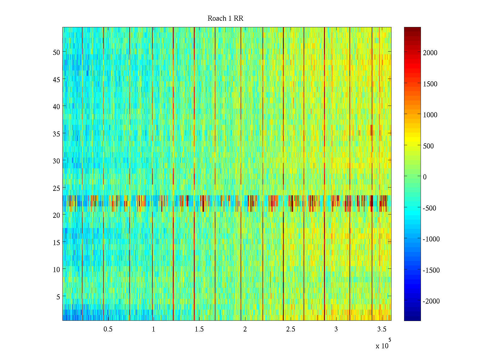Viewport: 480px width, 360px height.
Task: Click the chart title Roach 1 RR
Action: tap(225, 19)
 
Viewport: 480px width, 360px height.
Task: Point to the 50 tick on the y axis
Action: tap(56, 52)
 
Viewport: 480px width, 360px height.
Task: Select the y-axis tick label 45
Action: tap(56, 79)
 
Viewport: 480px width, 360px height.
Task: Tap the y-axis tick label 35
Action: tap(56, 134)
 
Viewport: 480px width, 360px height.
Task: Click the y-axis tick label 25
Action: tap(56, 188)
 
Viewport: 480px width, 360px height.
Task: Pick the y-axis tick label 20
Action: tap(56, 215)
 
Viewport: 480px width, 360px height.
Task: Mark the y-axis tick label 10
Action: tap(56, 269)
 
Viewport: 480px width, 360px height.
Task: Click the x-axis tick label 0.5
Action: tap(108, 329)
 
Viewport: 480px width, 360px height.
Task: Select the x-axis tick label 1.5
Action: tap(199, 329)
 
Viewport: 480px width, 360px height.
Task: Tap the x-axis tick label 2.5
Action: tap(290, 329)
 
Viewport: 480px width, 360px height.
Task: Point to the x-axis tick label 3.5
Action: tap(382, 329)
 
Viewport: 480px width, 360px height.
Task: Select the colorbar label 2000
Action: tap(430, 53)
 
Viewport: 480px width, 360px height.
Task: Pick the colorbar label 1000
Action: tap(430, 115)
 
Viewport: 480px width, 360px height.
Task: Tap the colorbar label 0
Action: tap(424, 177)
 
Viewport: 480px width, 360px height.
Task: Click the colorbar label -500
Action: tap(429, 208)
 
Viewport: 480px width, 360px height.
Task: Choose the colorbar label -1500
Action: tap(431, 270)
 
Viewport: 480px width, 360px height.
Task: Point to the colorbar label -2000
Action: tap(431, 301)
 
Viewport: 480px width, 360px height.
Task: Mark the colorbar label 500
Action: tap(428, 146)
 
